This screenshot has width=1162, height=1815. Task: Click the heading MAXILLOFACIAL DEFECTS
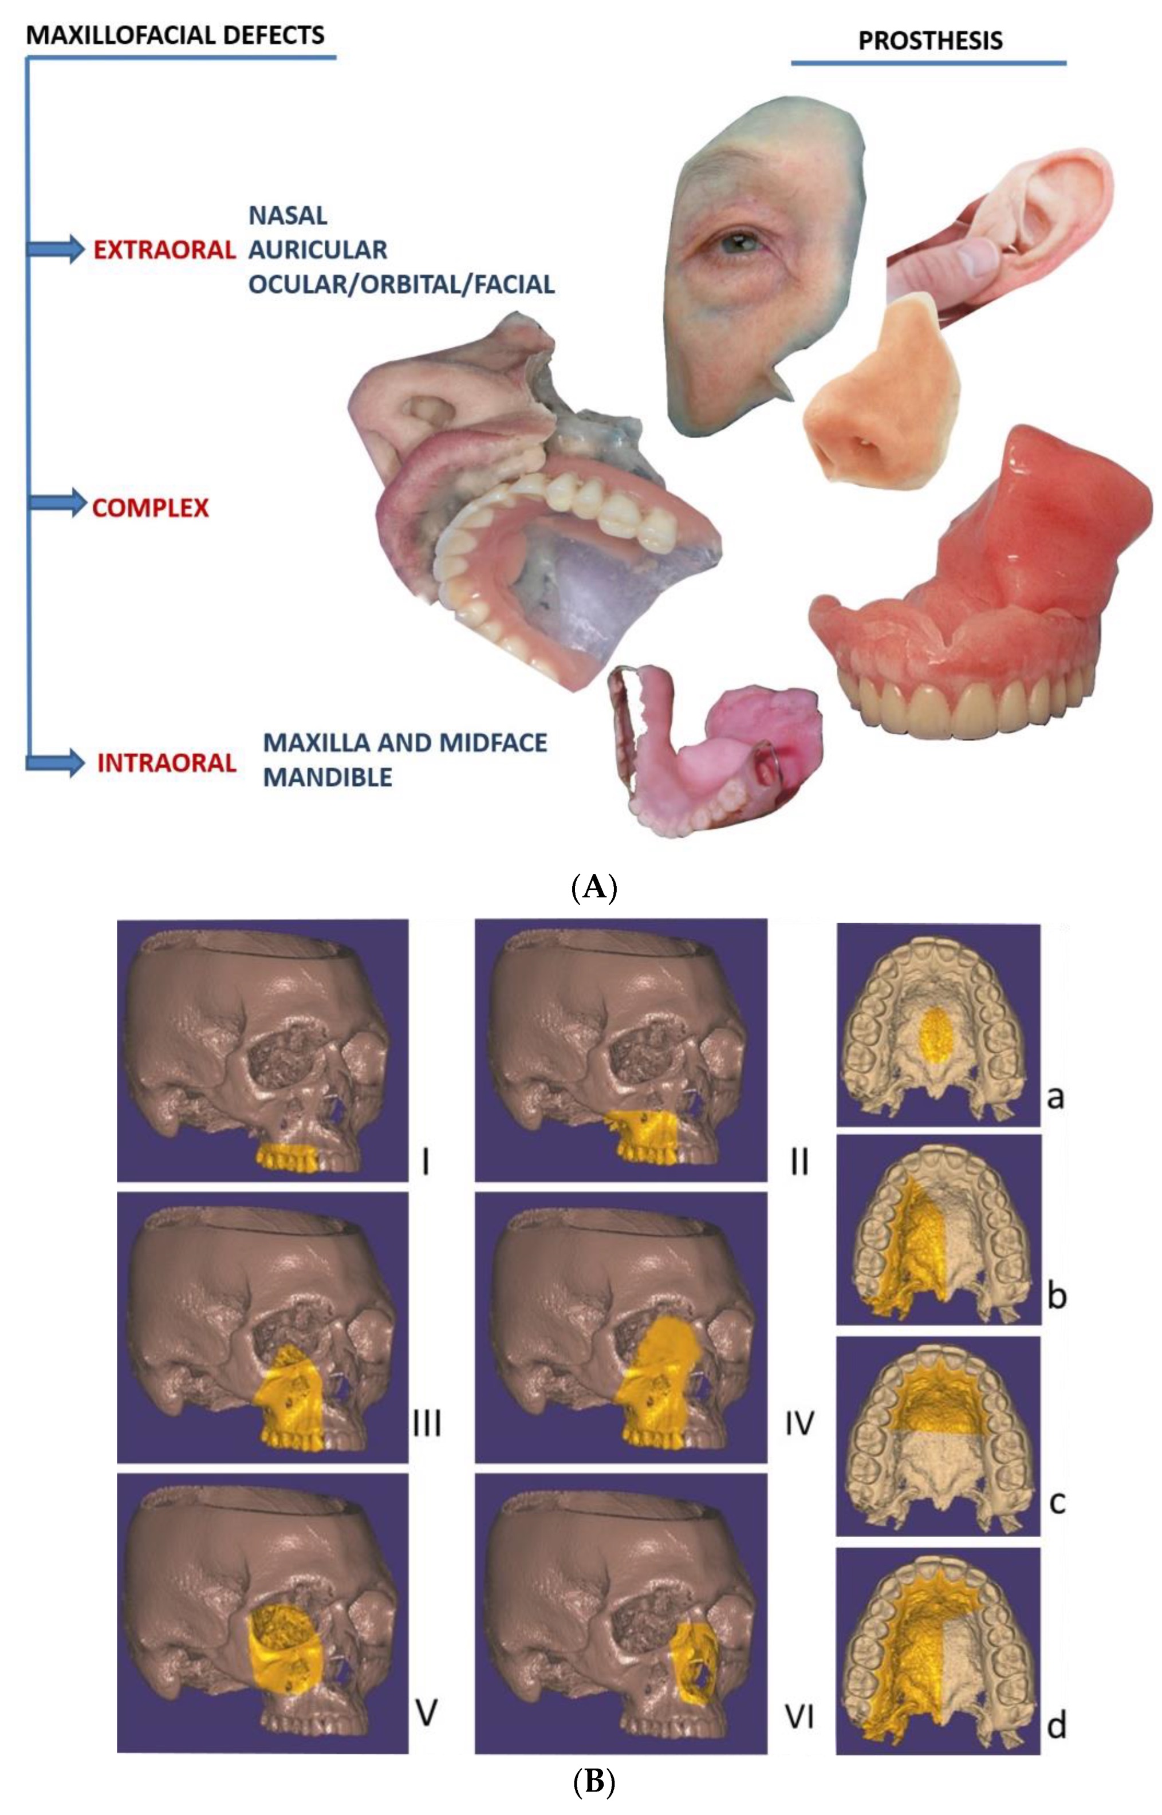coord(175,35)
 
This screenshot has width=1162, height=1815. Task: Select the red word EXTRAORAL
coord(164,250)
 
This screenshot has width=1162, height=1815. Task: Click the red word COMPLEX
coord(150,507)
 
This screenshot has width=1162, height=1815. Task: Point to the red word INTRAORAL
coord(167,763)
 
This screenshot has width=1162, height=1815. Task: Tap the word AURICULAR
coord(318,250)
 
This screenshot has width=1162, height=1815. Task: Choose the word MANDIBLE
coord(328,778)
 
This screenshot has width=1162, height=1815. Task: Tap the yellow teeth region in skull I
coord(294,1156)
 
